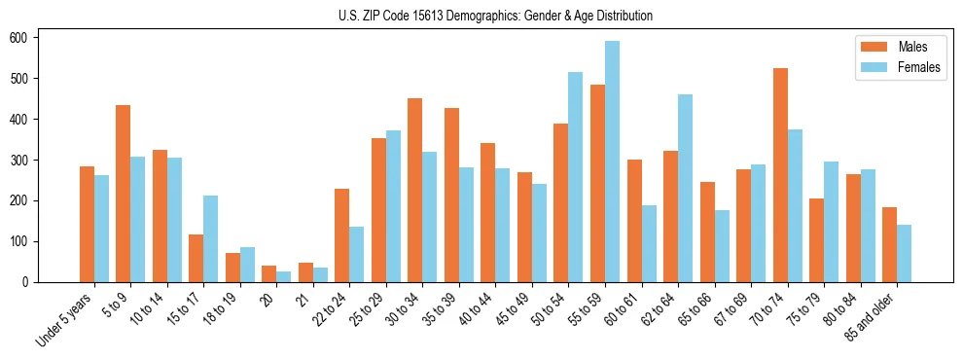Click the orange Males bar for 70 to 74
(x=780, y=175)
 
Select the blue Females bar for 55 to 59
(x=612, y=162)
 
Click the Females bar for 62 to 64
(x=685, y=188)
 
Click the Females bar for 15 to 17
(x=211, y=238)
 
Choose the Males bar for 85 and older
(x=889, y=244)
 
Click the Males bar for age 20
(x=269, y=273)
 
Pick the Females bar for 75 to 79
(x=831, y=221)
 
